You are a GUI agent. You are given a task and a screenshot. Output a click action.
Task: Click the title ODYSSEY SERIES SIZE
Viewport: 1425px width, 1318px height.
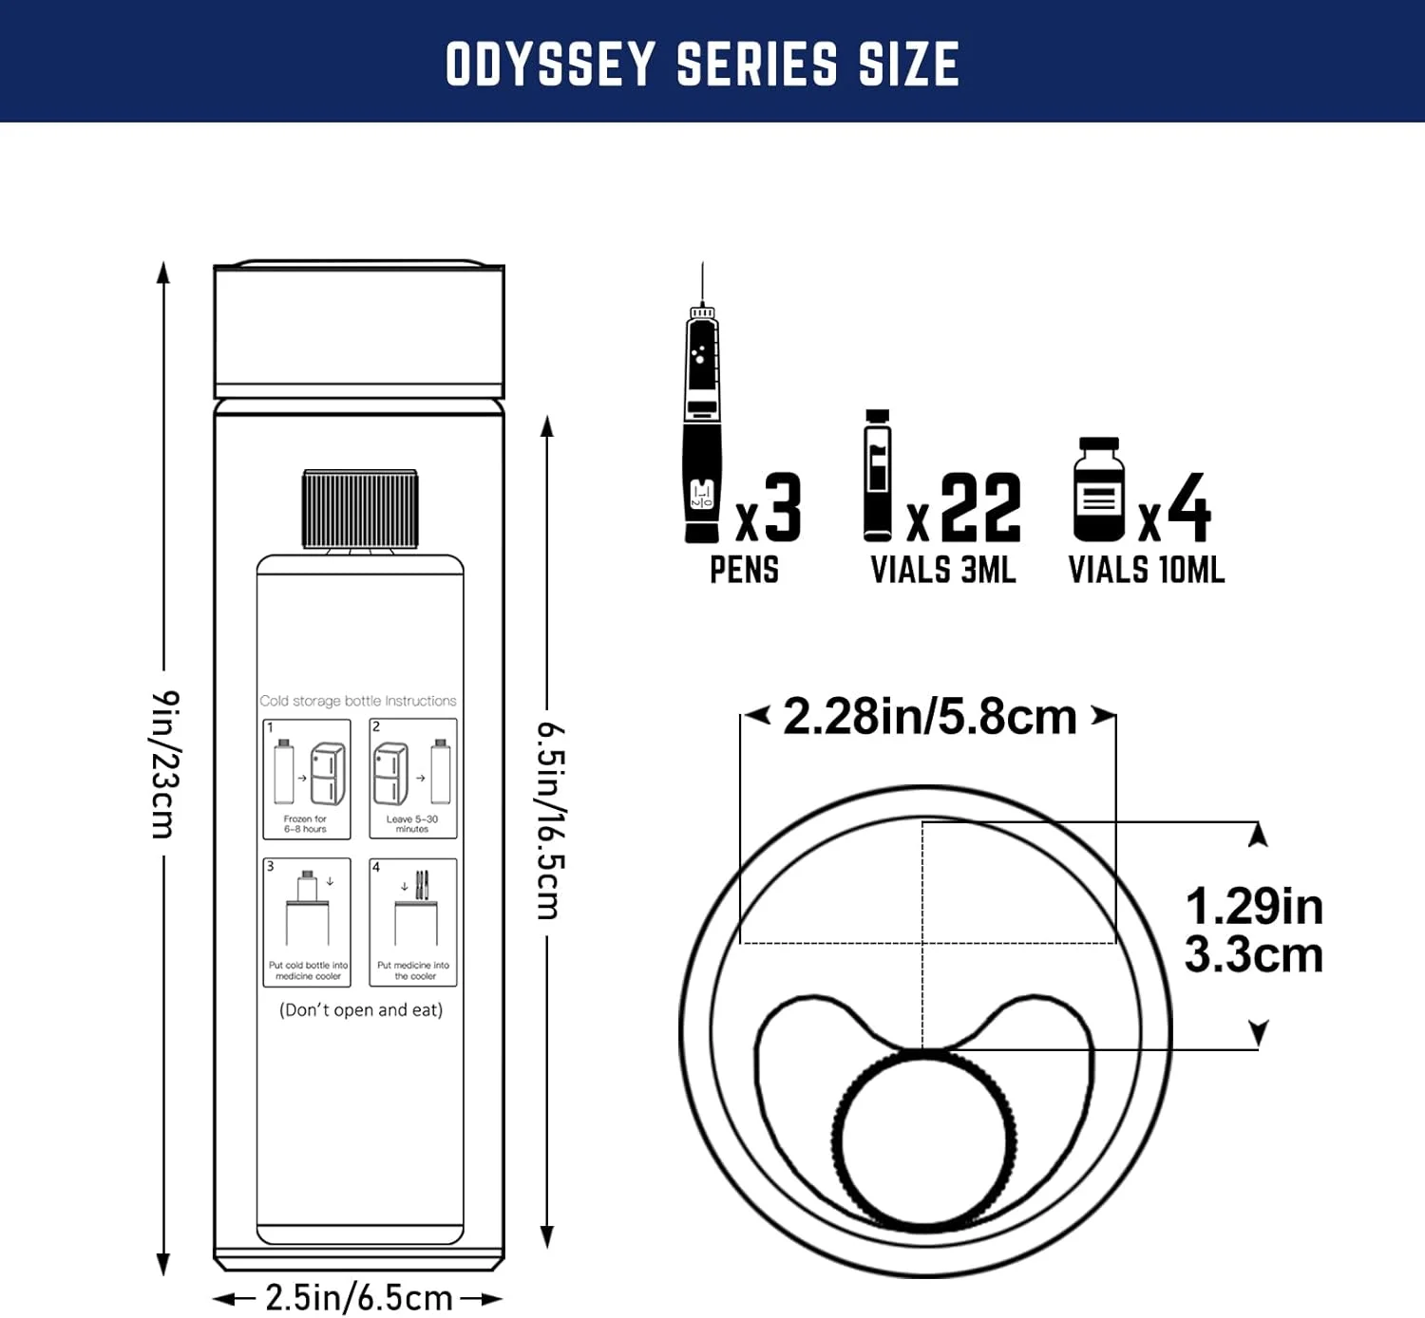702,64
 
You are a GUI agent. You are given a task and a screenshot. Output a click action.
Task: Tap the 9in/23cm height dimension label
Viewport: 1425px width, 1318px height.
165,763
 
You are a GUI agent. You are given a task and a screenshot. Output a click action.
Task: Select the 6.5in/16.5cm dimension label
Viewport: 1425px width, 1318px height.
550,820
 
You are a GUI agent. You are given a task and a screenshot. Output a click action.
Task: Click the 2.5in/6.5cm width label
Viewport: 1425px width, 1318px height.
358,1297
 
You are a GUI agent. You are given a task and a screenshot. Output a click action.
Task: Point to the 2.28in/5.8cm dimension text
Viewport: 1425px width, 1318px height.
929,716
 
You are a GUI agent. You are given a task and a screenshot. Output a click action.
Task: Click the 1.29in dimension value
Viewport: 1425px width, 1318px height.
1253,906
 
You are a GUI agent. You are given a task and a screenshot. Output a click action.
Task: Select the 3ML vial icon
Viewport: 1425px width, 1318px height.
878,476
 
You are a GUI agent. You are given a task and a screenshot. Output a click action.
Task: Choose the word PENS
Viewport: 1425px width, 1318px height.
744,570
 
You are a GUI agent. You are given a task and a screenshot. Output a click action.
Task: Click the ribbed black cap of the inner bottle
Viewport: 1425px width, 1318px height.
360,509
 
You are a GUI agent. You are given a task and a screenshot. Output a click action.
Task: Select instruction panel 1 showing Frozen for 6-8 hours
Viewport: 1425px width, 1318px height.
307,779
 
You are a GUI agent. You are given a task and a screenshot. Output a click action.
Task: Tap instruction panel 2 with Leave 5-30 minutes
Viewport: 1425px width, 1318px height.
413,779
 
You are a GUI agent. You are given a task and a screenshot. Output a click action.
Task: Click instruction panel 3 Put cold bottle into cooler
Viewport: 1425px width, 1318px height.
307,921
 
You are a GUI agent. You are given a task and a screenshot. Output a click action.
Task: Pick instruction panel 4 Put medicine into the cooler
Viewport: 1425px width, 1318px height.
413,921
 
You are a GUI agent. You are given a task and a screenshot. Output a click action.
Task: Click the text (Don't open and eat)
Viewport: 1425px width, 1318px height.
361,1009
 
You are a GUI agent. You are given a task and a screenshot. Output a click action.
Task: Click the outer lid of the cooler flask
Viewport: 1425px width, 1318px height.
359,329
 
